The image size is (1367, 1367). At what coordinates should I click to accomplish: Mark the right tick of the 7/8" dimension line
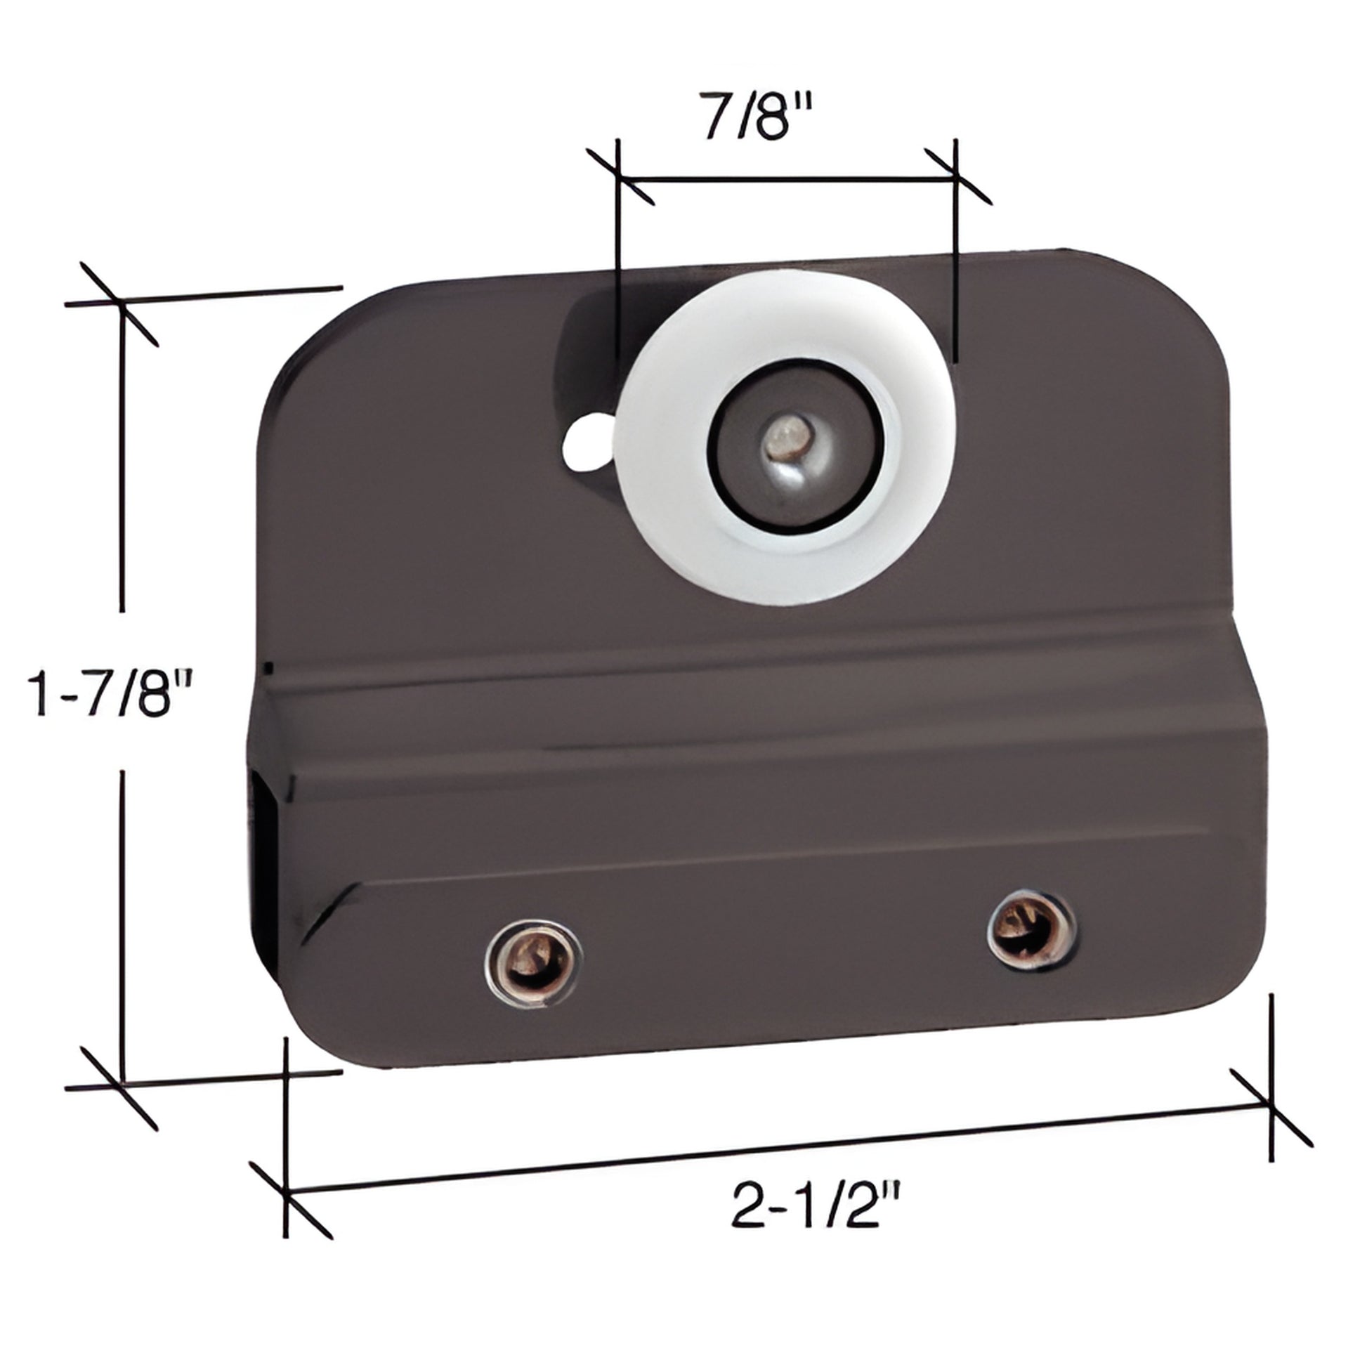click(x=955, y=178)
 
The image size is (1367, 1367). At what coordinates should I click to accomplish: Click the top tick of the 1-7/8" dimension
click(x=120, y=303)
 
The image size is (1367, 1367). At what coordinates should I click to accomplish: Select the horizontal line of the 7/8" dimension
click(x=785, y=178)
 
